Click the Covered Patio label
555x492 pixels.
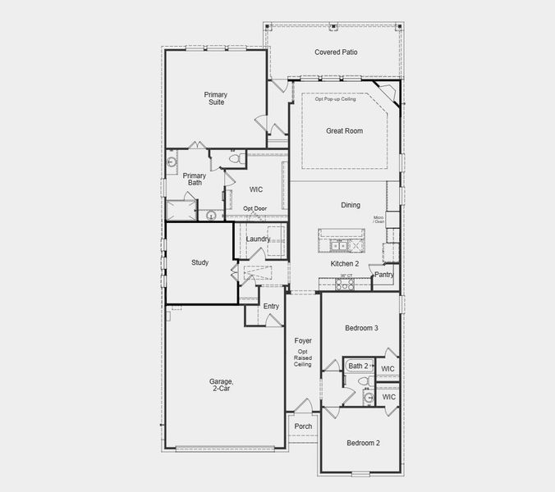click(336, 52)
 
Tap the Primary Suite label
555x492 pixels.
click(216, 98)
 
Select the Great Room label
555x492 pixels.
click(344, 130)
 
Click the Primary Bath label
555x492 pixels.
click(194, 179)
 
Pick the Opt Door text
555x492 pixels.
click(255, 208)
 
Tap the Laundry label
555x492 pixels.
click(258, 239)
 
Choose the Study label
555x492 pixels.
click(200, 263)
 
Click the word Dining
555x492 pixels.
click(351, 205)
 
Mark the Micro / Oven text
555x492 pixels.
click(378, 220)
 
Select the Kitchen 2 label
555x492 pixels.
click(344, 264)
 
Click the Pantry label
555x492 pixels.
click(383, 275)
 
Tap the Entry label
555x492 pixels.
click(271, 307)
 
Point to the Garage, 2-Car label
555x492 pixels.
click(221, 385)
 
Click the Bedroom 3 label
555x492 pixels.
click(361, 328)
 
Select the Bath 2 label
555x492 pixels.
click(358, 366)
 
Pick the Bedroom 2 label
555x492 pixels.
click(362, 443)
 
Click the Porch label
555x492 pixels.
click(304, 426)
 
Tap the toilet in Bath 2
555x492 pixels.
click(369, 397)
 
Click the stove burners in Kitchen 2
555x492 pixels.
click(342, 285)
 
